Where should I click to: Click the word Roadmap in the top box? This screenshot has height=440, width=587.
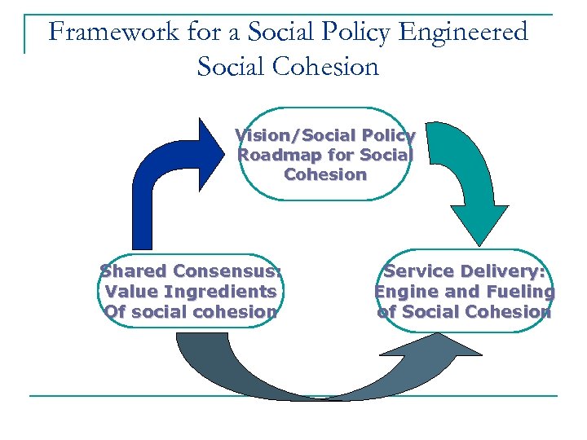point(274,155)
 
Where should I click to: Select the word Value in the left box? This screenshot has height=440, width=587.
point(134,292)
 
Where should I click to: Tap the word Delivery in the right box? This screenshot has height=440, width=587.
point(506,271)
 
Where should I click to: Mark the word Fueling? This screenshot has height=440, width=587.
point(518,292)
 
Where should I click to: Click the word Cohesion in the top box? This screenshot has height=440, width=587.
point(325,174)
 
